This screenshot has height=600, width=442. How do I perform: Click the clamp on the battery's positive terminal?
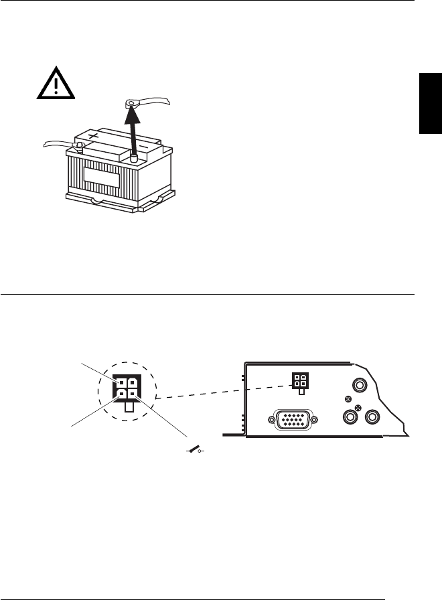pos(79,145)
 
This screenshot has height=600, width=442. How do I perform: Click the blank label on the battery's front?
pos(101,177)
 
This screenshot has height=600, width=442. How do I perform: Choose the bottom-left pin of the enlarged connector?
pos(122,394)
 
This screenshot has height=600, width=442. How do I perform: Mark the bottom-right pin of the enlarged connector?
pos(133,394)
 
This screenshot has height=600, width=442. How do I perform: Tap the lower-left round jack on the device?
pos(348,417)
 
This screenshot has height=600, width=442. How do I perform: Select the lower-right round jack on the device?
pos(372,417)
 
